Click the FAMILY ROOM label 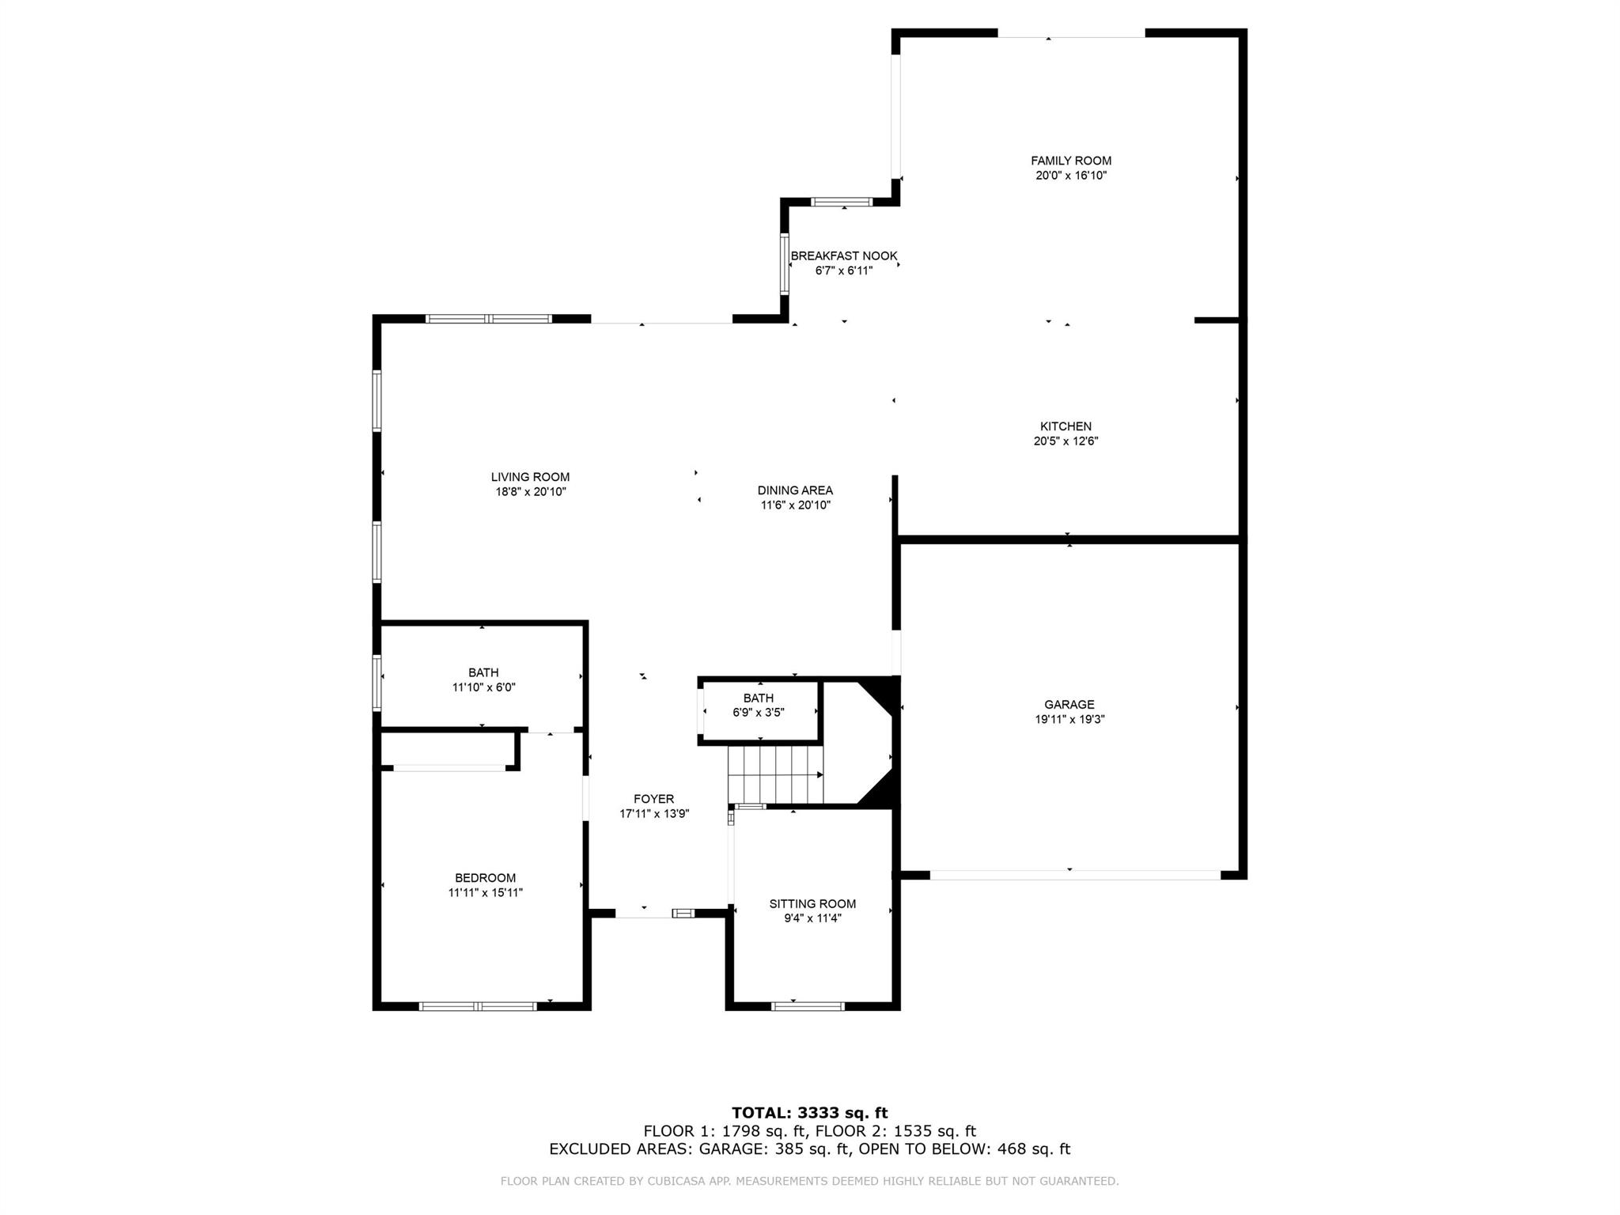point(1070,161)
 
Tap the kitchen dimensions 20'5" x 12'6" point(1065,441)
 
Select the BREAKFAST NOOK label point(843,255)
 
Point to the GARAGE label point(1069,704)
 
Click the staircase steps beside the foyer point(775,774)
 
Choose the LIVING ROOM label point(530,477)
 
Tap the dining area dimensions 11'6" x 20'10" point(795,505)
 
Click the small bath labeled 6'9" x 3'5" point(758,705)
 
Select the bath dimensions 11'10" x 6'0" point(483,687)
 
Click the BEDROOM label point(485,877)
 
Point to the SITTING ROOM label point(812,903)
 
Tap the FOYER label point(653,799)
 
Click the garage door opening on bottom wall point(1074,875)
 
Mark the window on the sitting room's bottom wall point(808,1006)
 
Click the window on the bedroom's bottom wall point(478,1006)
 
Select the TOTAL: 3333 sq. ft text point(809,1113)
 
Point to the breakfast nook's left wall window point(785,264)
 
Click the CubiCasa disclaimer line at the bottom point(809,1181)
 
